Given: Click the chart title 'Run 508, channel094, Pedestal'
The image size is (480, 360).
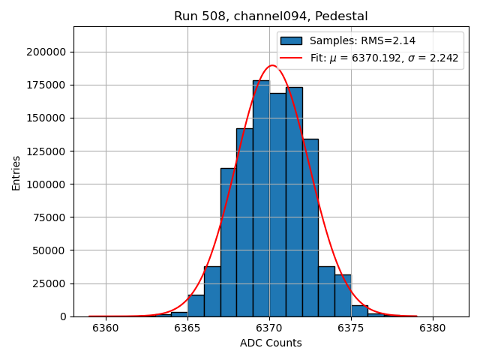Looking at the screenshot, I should pyautogui.click(x=271, y=16).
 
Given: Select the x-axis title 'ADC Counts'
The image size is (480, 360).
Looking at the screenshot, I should pyautogui.click(x=271, y=343).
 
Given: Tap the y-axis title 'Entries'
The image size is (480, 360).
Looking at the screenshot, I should pyautogui.click(x=16, y=173).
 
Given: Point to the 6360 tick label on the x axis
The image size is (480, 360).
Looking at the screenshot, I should pyautogui.click(x=106, y=328).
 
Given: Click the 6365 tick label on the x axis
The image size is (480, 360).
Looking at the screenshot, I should pyautogui.click(x=187, y=328).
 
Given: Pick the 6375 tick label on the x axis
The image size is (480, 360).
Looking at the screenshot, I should pyautogui.click(x=351, y=328).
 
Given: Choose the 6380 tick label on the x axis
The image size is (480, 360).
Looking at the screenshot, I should pyautogui.click(x=433, y=328).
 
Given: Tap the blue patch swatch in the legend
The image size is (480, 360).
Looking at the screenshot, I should pyautogui.click(x=291, y=40).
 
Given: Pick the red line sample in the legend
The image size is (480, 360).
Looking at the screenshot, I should pyautogui.click(x=291, y=58).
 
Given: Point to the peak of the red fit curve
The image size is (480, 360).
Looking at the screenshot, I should pyautogui.click(x=271, y=65).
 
